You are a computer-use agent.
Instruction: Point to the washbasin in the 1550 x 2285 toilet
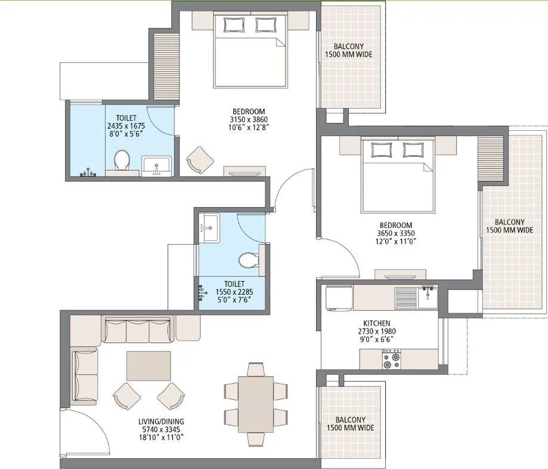point(209,226)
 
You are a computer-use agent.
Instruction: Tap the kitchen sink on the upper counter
point(427,295)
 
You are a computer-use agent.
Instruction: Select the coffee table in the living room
point(148,365)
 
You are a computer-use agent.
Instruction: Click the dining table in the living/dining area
point(256,404)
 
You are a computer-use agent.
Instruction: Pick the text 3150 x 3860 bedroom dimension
point(249,119)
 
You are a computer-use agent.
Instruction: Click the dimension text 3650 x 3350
point(395,233)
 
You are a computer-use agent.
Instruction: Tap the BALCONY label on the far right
point(509,221)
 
